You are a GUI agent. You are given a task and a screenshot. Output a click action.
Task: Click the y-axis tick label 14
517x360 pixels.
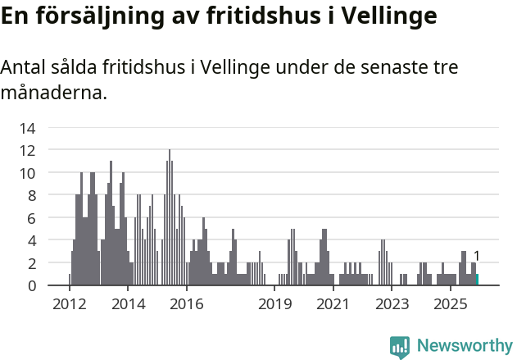[x=28, y=128]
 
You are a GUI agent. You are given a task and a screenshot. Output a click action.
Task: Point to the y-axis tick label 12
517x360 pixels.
[x=28, y=150]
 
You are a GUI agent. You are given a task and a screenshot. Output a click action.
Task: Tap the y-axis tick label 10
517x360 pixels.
[x=28, y=173]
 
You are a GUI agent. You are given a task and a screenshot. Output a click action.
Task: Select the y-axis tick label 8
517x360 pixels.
[x=31, y=195]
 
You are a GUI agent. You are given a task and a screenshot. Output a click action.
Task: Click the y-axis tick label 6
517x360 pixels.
[x=31, y=218]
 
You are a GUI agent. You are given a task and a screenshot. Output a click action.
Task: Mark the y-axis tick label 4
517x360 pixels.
[x=31, y=240]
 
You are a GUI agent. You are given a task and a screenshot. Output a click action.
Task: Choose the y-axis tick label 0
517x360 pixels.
[x=31, y=285]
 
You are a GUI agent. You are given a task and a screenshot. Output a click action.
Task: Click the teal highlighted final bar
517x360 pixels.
[x=477, y=280]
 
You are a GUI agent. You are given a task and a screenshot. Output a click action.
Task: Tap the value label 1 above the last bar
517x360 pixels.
[x=477, y=256]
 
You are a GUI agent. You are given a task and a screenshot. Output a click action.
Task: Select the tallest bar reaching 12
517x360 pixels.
[x=170, y=217]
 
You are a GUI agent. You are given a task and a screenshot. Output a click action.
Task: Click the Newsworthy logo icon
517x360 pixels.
[x=400, y=347]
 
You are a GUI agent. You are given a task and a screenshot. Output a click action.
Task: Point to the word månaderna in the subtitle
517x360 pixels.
[x=54, y=93]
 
